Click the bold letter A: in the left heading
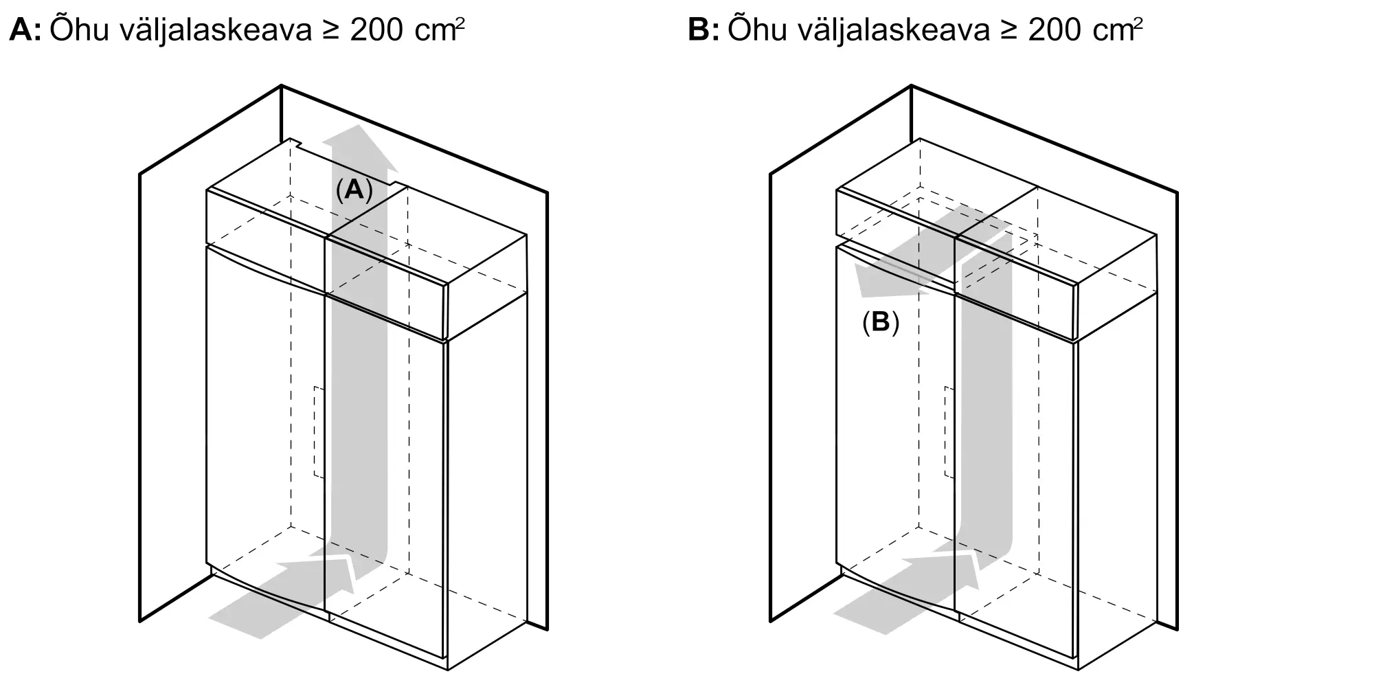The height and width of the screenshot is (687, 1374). click(x=25, y=31)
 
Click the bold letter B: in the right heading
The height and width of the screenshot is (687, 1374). click(x=703, y=31)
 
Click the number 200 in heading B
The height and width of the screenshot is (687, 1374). click(x=1054, y=31)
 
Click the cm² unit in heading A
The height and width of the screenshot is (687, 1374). click(x=440, y=31)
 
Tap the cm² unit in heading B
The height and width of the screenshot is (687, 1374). click(x=1118, y=31)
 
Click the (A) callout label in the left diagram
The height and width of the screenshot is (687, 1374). click(x=354, y=190)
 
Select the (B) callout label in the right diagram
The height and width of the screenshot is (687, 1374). click(x=880, y=322)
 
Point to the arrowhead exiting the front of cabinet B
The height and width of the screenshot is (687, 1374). click(x=883, y=278)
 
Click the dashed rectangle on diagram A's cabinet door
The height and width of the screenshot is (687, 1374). click(x=319, y=431)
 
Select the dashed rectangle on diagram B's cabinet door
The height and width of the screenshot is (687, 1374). click(x=949, y=431)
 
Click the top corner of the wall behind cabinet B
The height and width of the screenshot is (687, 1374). click(x=911, y=86)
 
